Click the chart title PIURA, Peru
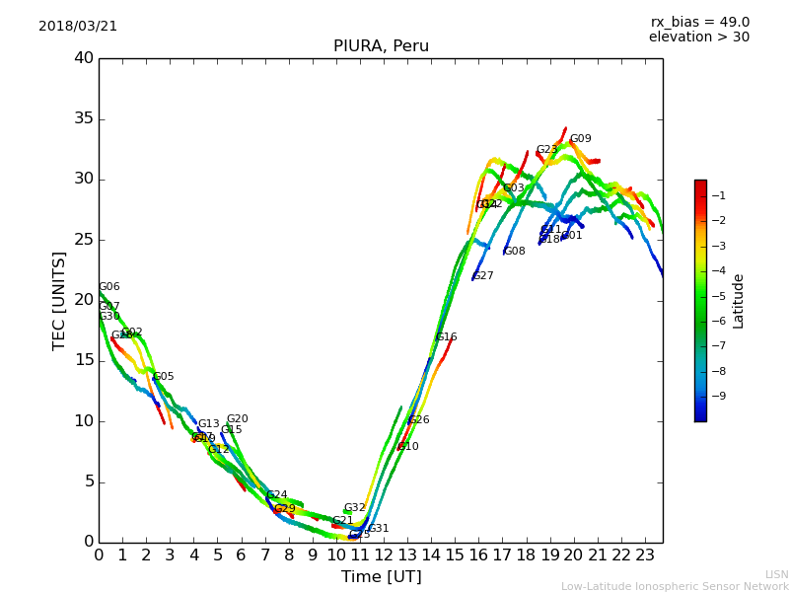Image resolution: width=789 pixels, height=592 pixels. pos(381,46)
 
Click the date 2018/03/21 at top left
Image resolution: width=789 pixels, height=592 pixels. pos(78,27)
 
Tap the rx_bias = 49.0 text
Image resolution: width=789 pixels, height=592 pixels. pos(699,23)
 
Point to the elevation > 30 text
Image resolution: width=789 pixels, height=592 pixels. pos(698,37)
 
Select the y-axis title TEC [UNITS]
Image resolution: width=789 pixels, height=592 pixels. pos(59,300)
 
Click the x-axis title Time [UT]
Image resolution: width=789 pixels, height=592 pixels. pos(381,577)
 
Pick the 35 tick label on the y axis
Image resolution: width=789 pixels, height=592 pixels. pos(84,119)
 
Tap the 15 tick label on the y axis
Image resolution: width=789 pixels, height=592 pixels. pos(84,361)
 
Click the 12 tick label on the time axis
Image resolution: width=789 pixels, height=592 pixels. pos(384,555)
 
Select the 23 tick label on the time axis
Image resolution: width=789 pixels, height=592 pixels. pos(645,555)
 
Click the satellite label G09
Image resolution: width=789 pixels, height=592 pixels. pos(581,139)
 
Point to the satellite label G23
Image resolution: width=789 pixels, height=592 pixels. pos(546,150)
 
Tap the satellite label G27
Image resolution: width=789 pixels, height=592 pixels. pos(483,276)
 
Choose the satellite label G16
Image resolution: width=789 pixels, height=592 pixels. pos(447,337)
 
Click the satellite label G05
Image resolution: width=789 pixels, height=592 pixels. pos(164,377)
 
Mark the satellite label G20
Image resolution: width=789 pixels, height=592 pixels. pos(238,419)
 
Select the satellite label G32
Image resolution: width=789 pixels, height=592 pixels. pos(355,508)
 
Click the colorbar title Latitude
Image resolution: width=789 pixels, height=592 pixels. pos(739,301)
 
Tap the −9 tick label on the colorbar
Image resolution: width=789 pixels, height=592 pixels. pos(720,397)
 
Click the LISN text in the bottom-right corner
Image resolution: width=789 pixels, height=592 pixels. pos(776,574)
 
